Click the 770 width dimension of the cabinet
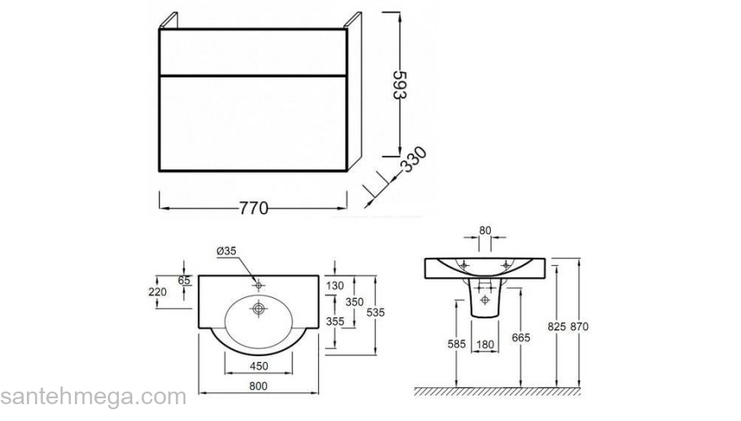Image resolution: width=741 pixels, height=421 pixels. pos(253,208)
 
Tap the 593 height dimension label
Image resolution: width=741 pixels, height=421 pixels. pos(400,85)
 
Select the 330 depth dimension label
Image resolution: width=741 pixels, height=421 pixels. pos(414,160)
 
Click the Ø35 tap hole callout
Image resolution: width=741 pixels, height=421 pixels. pos(227,252)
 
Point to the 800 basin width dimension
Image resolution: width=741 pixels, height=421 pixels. pos(258,386)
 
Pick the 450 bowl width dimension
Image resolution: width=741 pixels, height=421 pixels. pos(259,366)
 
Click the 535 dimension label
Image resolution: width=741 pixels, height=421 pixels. pos(376,312)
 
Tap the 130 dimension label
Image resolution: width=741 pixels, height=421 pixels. pos(334,285)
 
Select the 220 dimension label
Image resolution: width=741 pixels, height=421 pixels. pos(157,292)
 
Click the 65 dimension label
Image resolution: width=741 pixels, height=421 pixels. pos(184,280)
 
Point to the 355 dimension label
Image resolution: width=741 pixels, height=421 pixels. pos(334,322)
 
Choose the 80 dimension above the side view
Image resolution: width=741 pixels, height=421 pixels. pos(485,231)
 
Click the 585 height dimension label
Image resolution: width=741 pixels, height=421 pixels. pos(456,344)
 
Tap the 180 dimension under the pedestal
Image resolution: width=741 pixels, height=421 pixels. pos(485,345)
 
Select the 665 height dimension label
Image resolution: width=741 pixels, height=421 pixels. pos(520,338)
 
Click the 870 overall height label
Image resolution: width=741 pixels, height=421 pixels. pos(579,327)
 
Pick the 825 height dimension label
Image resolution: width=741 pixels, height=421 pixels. pos(557,327)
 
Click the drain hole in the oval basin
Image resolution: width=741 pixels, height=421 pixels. pos(258,309)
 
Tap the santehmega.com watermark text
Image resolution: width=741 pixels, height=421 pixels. pos(93,397)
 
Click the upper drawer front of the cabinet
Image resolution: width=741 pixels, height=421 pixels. pos(253,52)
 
